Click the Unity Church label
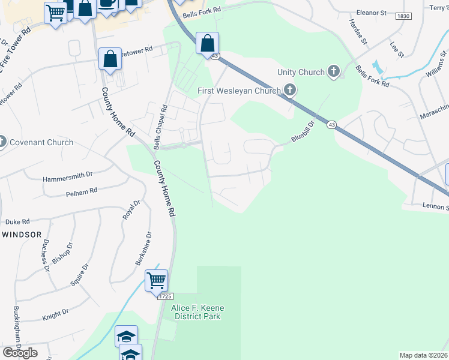tap(301, 73)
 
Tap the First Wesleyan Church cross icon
tap(291, 91)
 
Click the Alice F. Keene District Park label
tap(196, 312)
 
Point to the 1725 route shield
tap(166, 296)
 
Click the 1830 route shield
tap(403, 17)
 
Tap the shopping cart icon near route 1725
tap(156, 280)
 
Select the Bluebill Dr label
tap(303, 133)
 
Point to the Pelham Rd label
tap(81, 193)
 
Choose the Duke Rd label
tap(17, 221)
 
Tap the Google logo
tap(20, 352)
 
